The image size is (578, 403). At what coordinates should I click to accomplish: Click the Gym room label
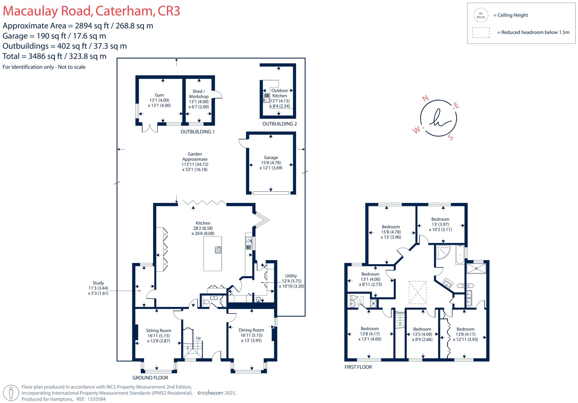pyautogui.click(x=159, y=95)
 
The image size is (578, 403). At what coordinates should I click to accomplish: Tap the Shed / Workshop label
pyautogui.click(x=199, y=94)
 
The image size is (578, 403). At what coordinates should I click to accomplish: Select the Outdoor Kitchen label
pyautogui.click(x=279, y=93)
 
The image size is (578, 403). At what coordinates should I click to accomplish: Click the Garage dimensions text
pyautogui.click(x=271, y=165)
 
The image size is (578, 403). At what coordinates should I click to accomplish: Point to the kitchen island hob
pyautogui.click(x=218, y=250)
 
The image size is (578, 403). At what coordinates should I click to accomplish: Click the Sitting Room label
pyautogui.click(x=158, y=330)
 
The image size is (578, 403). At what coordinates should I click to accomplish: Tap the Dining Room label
pyautogui.click(x=251, y=330)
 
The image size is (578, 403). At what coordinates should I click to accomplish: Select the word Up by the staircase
pyautogui.click(x=198, y=338)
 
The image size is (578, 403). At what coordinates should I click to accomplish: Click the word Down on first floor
pyautogui.click(x=400, y=312)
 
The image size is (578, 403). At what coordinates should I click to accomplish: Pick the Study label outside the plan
pyautogui.click(x=98, y=283)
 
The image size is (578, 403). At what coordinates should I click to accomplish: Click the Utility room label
pyautogui.click(x=291, y=276)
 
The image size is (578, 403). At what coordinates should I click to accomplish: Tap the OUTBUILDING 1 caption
pyautogui.click(x=198, y=132)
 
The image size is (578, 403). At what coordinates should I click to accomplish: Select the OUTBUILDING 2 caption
pyautogui.click(x=279, y=124)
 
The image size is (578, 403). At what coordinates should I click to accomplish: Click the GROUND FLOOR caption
pyautogui.click(x=150, y=378)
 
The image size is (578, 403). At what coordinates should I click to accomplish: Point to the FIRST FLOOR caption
pyautogui.click(x=358, y=367)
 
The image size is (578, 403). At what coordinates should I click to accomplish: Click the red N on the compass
pyautogui.click(x=425, y=98)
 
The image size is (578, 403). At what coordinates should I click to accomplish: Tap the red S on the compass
pyautogui.click(x=450, y=138)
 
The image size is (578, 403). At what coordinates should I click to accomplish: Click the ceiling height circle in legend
pyautogui.click(x=481, y=15)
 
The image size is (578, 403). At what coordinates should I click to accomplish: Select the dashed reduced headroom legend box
pyautogui.click(x=481, y=32)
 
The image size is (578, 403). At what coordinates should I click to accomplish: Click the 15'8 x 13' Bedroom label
pyautogui.click(x=391, y=227)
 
